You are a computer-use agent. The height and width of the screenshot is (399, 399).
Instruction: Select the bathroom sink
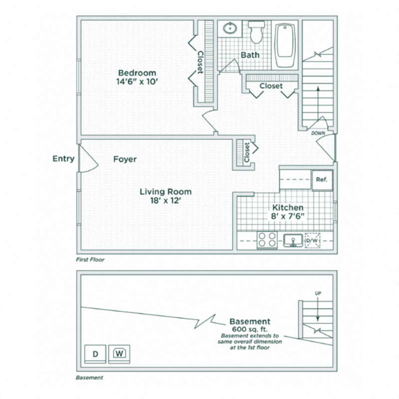(x=230, y=28)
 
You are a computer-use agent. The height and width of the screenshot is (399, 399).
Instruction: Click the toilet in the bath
(x=257, y=32)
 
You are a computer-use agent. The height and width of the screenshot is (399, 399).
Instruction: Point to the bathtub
(x=285, y=45)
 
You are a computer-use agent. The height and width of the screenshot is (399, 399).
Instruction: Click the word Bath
(x=250, y=54)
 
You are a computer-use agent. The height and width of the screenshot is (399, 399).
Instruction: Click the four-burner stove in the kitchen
(x=267, y=240)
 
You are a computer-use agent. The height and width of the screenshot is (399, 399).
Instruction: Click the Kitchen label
(x=288, y=207)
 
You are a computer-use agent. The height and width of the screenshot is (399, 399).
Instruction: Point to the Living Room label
(x=165, y=192)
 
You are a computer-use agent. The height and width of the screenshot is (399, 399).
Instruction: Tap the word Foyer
(x=125, y=160)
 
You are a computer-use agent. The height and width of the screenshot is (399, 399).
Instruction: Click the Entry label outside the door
(x=63, y=159)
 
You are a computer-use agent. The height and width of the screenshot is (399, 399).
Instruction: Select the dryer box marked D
(x=95, y=354)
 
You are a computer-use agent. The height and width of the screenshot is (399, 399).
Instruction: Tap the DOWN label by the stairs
(x=318, y=134)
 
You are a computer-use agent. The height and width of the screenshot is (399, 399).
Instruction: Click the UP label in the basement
(x=318, y=293)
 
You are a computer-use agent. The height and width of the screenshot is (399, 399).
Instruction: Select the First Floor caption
(x=90, y=260)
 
